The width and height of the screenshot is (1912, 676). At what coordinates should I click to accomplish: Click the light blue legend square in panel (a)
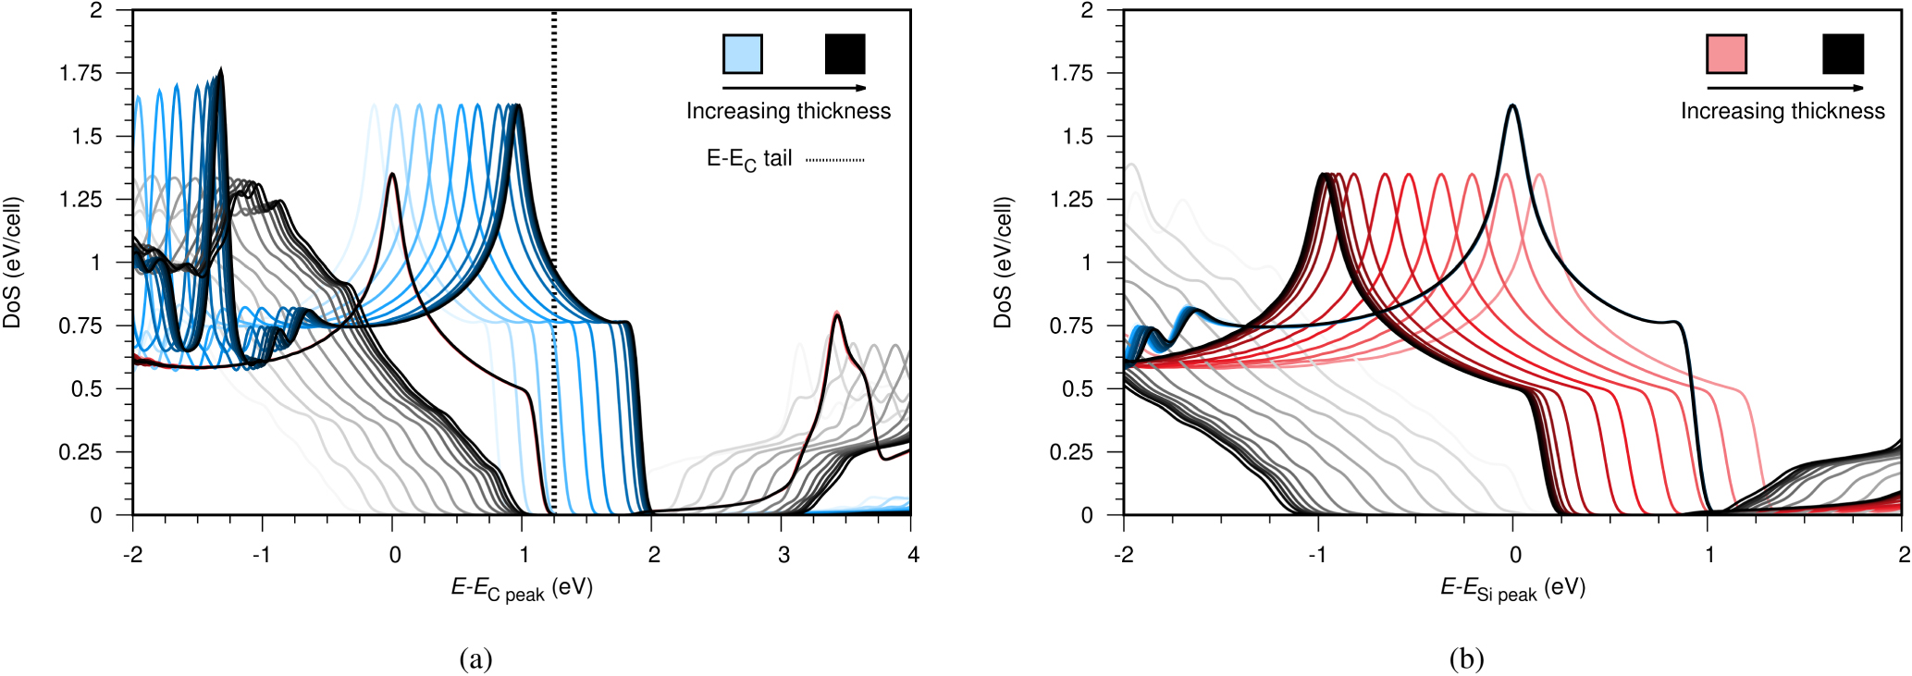[742, 54]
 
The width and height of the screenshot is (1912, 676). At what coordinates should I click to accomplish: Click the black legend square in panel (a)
[845, 54]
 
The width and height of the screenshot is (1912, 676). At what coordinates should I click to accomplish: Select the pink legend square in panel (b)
[1726, 54]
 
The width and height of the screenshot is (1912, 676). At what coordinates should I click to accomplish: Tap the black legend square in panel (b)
[1843, 54]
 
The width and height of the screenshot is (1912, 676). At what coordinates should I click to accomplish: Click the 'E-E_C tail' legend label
[749, 159]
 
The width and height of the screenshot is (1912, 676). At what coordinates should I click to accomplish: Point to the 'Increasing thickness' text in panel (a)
[788, 111]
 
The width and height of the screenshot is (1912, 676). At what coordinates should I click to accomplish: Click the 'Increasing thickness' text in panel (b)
[1782, 111]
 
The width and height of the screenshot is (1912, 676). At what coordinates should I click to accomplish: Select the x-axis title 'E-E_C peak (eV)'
[522, 588]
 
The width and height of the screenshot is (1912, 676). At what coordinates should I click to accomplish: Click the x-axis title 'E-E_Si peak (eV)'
[1512, 588]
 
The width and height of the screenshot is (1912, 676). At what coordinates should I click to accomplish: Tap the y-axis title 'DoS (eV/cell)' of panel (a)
[12, 263]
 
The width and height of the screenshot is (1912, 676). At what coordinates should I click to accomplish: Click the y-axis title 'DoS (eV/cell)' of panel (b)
[1003, 263]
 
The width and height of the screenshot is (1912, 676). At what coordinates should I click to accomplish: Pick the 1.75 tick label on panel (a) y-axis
[80, 73]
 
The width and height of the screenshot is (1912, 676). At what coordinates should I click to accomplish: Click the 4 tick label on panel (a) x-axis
[913, 555]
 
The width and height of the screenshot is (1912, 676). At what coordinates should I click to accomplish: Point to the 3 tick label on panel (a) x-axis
[783, 555]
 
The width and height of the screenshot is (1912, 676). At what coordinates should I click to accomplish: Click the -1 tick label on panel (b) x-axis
[1317, 555]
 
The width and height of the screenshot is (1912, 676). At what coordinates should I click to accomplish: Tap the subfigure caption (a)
[475, 658]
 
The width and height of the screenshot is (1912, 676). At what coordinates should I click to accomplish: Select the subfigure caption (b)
[1466, 658]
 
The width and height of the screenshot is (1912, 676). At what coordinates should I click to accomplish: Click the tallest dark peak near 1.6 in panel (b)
[1512, 106]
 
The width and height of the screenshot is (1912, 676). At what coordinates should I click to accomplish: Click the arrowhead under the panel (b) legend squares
[1859, 88]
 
